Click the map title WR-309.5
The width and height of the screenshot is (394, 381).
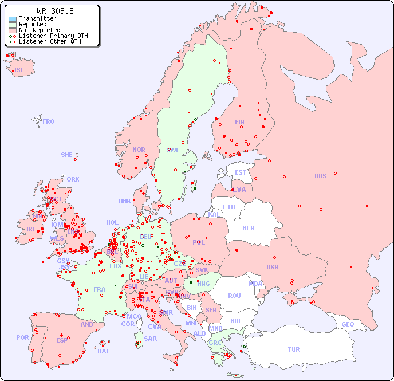[55, 11]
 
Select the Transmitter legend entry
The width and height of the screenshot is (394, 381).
[37, 18]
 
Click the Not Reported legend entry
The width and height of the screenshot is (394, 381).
[39, 30]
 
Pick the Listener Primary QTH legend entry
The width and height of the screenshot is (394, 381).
[53, 36]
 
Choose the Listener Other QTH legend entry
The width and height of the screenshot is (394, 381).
[49, 41]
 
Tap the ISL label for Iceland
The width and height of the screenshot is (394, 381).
[19, 70]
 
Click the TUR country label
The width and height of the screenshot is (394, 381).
[294, 349]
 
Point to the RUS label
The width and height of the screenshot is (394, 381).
[320, 176]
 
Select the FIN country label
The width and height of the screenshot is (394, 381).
[239, 122]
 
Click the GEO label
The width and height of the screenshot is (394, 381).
[348, 324]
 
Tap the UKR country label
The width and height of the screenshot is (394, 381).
[273, 267]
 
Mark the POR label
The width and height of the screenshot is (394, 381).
[22, 337]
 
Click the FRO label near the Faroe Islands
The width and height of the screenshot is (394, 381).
[49, 121]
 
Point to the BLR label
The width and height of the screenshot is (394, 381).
[249, 227]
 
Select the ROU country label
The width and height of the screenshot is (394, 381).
[234, 296]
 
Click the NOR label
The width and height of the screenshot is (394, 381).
[139, 150]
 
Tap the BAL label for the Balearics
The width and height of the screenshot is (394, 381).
[104, 351]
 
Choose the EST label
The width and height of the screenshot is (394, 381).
[241, 172]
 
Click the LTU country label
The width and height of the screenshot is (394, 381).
[229, 207]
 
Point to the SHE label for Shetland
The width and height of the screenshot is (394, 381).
[67, 155]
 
